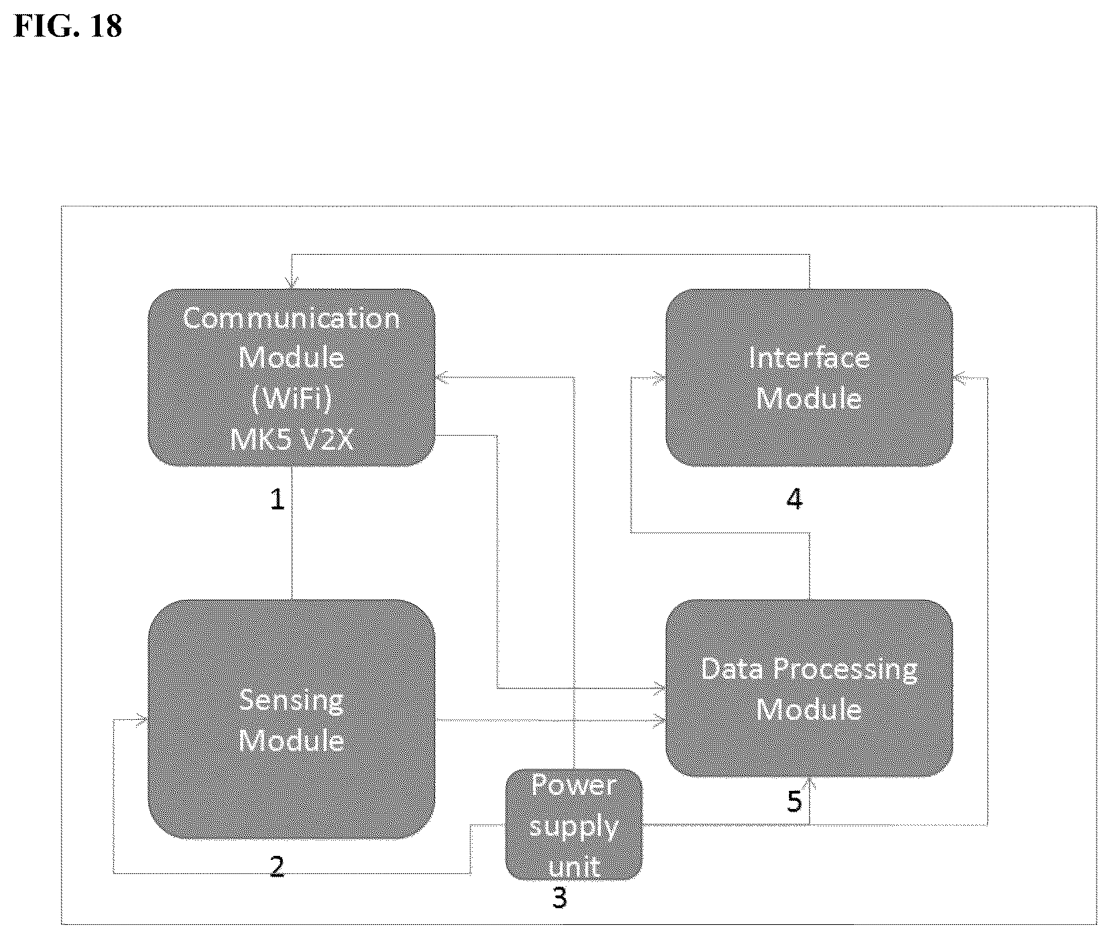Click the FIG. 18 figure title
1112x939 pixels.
68,25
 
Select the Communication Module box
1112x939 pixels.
292,377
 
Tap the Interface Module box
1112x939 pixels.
809,377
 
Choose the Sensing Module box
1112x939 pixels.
292,719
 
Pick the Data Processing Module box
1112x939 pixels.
809,688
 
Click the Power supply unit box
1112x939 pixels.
574,824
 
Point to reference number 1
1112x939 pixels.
277,499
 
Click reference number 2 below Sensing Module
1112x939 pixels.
277,867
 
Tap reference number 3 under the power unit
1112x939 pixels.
560,898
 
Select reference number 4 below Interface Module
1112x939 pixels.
794,499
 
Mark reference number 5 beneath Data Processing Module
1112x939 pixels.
794,801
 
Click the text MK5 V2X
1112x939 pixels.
292,440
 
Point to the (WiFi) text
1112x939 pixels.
292,399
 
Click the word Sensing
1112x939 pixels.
292,701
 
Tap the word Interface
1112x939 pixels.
809,357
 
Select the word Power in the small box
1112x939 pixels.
574,786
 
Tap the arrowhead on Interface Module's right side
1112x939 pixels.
959,379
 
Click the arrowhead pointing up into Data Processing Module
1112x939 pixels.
810,784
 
